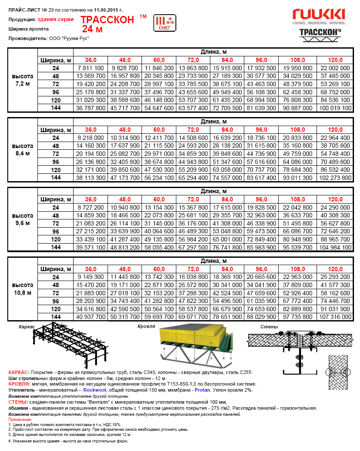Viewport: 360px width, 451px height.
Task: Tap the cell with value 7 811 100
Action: tap(91, 68)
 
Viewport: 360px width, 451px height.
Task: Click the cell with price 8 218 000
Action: tap(91, 138)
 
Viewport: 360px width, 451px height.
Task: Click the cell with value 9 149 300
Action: tap(91, 277)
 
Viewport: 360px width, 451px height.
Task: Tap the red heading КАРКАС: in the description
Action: tap(19, 372)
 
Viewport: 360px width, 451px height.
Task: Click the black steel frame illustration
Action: tap(65, 344)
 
